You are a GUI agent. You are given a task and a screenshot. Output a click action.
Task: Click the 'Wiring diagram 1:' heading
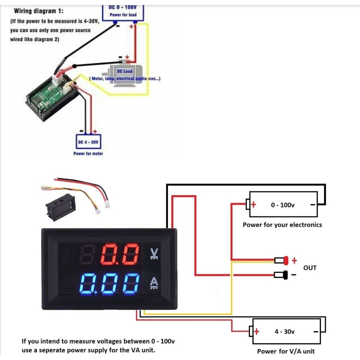[38, 11]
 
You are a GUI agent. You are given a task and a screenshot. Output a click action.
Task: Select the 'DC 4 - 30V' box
[88, 142]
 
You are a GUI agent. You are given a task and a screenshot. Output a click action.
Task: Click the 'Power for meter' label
[88, 154]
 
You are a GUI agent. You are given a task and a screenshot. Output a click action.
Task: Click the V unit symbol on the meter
[154, 254]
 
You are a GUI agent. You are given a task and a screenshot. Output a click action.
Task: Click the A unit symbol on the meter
[154, 283]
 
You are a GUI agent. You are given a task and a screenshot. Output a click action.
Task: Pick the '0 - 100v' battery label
[282, 205]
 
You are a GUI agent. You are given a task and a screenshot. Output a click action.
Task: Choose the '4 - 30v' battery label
[284, 331]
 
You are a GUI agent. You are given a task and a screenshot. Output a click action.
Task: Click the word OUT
[310, 268]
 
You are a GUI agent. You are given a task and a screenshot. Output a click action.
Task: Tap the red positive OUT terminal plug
[286, 260]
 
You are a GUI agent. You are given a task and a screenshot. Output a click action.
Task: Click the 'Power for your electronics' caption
[282, 225]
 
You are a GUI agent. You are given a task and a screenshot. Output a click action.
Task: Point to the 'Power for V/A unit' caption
[286, 351]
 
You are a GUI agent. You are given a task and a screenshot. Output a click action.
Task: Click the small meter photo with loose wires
[61, 205]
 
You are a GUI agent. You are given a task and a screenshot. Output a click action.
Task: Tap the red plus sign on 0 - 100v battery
[254, 205]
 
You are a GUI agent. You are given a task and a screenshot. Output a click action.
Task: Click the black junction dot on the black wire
[75, 66]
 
